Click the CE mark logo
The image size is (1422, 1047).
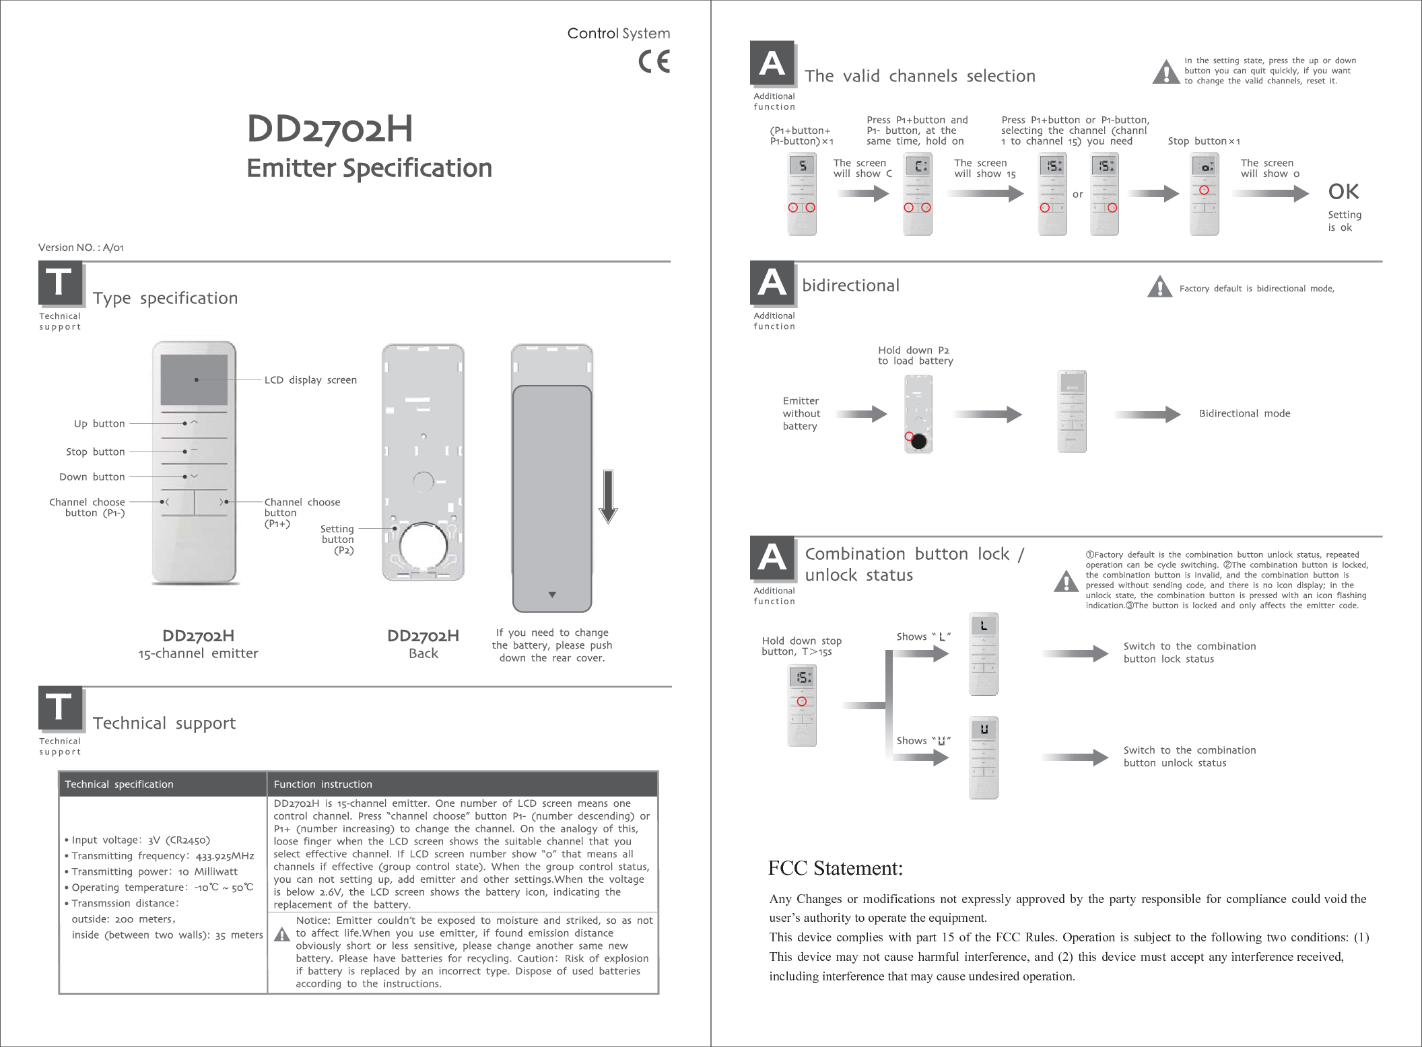(654, 62)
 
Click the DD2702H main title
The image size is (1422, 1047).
(329, 129)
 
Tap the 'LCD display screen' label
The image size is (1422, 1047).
(310, 380)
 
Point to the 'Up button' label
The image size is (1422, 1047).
(99, 424)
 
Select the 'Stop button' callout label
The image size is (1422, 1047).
(95, 452)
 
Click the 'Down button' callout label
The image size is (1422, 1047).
(92, 477)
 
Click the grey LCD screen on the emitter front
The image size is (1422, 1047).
(194, 379)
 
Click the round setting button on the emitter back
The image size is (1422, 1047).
(423, 545)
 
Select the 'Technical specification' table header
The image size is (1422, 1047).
(119, 785)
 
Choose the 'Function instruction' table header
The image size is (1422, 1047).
(323, 785)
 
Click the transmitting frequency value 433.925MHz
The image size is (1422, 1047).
(225, 857)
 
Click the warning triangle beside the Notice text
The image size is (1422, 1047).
(282, 935)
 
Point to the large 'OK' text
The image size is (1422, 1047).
(1343, 192)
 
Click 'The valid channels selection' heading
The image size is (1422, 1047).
(920, 76)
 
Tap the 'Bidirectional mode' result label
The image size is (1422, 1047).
(1244, 414)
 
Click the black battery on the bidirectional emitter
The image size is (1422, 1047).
(918, 441)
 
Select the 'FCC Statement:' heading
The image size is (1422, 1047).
(835, 868)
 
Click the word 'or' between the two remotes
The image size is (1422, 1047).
(1077, 194)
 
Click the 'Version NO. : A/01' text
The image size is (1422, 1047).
(81, 248)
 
